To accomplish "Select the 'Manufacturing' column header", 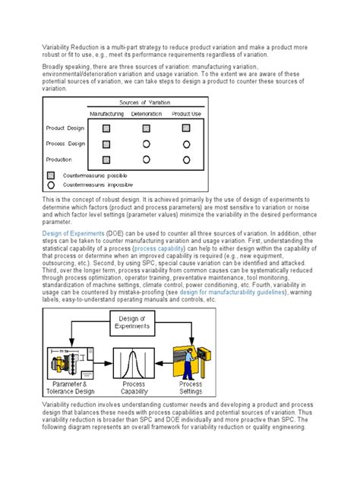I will point(106,113).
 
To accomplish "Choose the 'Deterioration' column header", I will point(146,113).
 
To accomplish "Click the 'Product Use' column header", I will point(186,113).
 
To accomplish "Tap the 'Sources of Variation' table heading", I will point(146,102).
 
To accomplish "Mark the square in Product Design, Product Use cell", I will point(186,128).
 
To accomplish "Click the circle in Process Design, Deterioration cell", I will point(146,143).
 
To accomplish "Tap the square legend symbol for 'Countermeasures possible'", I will point(50,175).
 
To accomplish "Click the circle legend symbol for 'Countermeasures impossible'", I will point(50,184).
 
